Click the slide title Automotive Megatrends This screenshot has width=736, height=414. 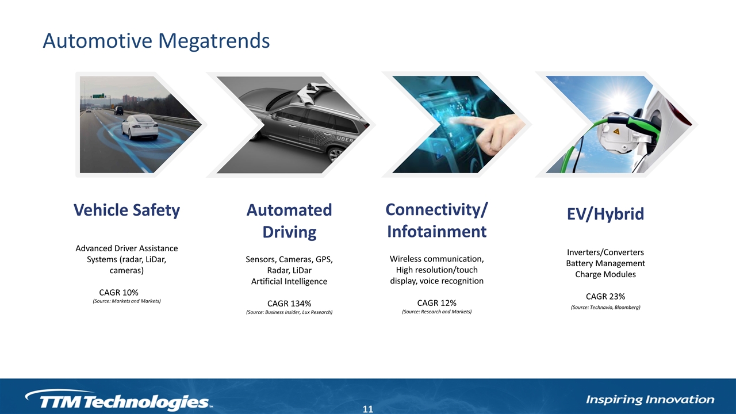click(x=156, y=41)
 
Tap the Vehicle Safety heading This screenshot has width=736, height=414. click(x=126, y=210)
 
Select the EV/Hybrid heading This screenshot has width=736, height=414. click(x=605, y=214)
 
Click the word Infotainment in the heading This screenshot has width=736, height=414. click(x=436, y=231)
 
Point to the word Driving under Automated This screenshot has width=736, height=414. click(x=289, y=232)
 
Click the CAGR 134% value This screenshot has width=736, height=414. click(x=289, y=303)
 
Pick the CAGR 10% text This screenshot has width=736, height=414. click(x=118, y=293)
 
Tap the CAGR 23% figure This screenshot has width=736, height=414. click(x=605, y=296)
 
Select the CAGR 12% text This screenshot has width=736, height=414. click(x=436, y=302)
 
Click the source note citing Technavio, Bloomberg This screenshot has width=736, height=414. click(x=605, y=308)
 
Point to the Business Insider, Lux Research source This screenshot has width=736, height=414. click(x=289, y=312)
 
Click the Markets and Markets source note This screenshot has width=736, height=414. click(x=126, y=301)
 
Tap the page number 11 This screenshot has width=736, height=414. click(x=368, y=409)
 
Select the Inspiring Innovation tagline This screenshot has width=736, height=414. click(x=650, y=400)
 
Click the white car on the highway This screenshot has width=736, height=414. click(x=140, y=127)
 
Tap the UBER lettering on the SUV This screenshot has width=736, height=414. click(x=344, y=139)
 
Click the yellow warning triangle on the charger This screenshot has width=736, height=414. click(x=616, y=132)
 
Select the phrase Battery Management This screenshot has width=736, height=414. click(x=605, y=263)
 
